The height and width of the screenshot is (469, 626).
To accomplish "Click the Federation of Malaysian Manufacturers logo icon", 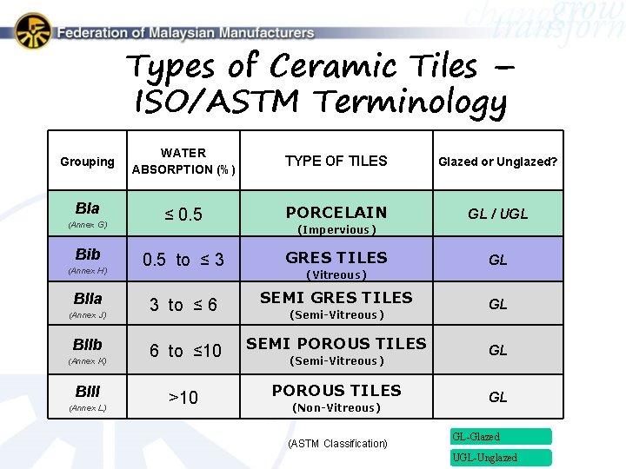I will [x=33, y=31].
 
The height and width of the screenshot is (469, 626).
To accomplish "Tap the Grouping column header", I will [x=87, y=162].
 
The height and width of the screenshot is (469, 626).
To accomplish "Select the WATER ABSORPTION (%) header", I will [x=183, y=162].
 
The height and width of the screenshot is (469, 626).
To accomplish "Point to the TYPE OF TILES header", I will [x=336, y=161].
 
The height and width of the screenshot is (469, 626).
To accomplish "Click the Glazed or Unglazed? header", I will [x=497, y=162].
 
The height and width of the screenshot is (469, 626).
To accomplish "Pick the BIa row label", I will [x=87, y=208].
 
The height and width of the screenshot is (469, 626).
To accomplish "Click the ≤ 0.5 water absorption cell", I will [x=183, y=214].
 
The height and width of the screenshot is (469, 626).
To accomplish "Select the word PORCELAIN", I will [x=336, y=212].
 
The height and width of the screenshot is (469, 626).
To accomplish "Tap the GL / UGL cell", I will [x=497, y=214].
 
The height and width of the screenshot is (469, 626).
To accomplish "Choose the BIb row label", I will [x=88, y=254].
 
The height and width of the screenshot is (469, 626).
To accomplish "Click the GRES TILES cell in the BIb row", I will [x=336, y=258].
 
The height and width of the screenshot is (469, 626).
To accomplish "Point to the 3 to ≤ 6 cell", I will [x=183, y=305].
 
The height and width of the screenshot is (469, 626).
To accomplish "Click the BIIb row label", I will [x=88, y=344].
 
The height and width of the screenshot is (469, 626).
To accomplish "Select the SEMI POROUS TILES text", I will [x=336, y=344].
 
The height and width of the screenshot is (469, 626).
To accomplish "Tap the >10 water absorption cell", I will [x=183, y=398].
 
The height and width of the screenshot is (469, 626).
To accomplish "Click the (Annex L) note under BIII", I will [x=87, y=407].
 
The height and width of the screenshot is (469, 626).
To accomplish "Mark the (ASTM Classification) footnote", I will [x=337, y=444].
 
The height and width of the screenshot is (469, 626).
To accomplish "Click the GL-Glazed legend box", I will [x=500, y=437].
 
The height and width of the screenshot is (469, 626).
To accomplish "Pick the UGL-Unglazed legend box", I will [x=500, y=458].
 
